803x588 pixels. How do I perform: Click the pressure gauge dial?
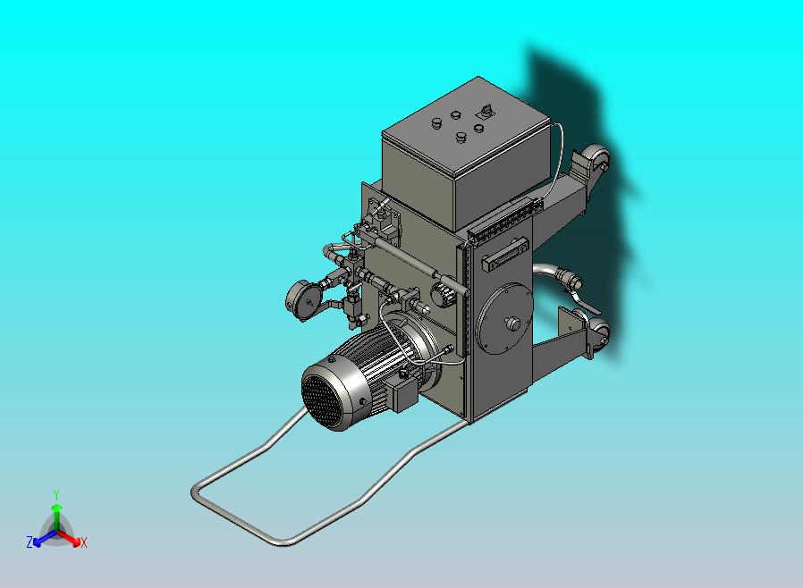301,300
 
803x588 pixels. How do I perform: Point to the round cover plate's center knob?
512,323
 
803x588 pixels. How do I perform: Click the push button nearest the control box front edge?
461,137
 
